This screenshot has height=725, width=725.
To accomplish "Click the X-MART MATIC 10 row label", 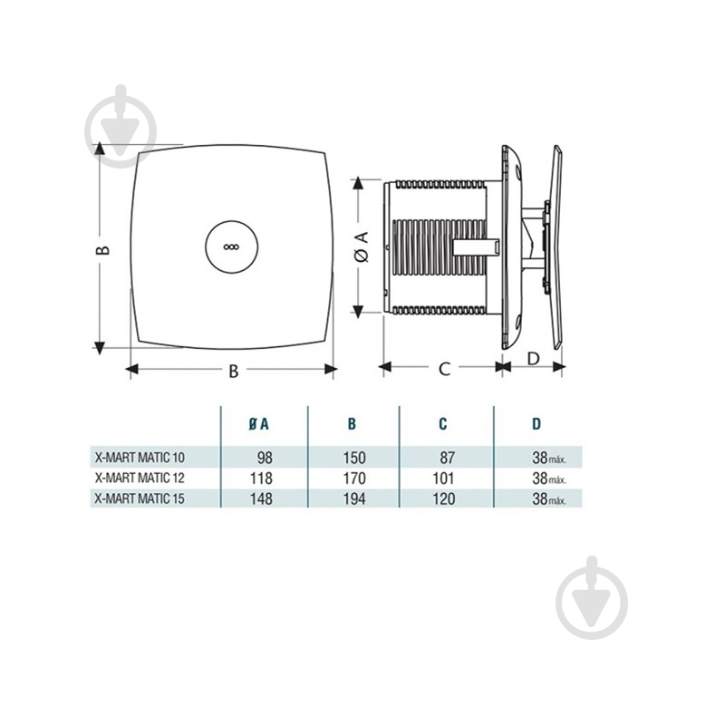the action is pos(140,458).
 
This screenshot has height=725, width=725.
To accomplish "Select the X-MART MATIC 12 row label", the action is pos(140,478).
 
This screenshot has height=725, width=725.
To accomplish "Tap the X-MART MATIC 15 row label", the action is pos(140,498).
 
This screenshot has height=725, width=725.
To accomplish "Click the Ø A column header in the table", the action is pos(258,423).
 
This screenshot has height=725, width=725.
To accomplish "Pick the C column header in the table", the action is pos(443,423).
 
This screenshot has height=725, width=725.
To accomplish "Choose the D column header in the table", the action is pos(536,423).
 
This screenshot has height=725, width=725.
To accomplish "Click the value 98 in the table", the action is pos(265,458).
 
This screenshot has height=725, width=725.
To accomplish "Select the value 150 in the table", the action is pos(354,458).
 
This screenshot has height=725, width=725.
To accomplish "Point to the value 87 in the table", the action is pos(447,458).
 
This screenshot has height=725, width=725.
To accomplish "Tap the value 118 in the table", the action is pos(261,478).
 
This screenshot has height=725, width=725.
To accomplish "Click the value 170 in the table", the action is pos(354,478).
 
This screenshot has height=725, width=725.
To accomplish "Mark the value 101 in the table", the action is pos(444,478).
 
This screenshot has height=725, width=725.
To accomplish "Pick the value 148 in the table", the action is pos(261,499).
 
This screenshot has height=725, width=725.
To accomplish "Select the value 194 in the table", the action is pos(354,499).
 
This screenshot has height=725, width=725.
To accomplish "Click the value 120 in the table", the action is pos(444,499).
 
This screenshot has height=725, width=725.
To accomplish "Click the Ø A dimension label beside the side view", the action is pos(363,246).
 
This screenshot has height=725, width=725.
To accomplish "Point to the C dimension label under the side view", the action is pos(444,369).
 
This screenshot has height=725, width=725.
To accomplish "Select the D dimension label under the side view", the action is pos(534,358).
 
